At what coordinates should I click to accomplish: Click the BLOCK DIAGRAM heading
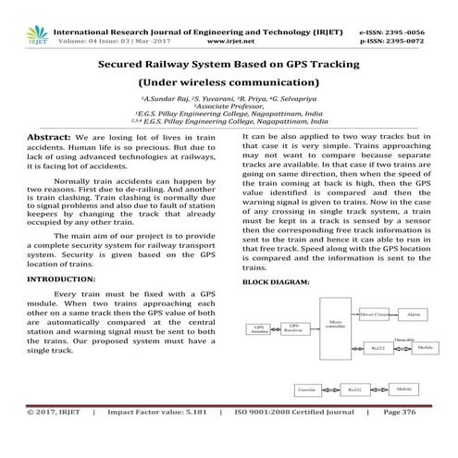tap(274, 280)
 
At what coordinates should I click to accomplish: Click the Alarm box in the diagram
tap(414, 315)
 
